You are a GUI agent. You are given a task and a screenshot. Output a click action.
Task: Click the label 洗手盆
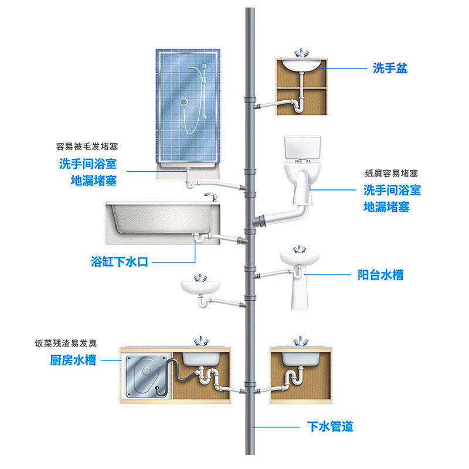[390, 69]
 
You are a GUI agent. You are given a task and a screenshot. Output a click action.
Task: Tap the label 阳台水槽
[380, 274]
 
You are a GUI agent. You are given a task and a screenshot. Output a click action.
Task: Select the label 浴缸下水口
[119, 261]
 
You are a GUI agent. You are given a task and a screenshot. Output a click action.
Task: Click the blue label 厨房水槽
[73, 361]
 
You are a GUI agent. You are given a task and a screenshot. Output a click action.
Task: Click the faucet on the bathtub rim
[209, 196]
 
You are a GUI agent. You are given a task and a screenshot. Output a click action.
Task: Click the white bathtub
[158, 223]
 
